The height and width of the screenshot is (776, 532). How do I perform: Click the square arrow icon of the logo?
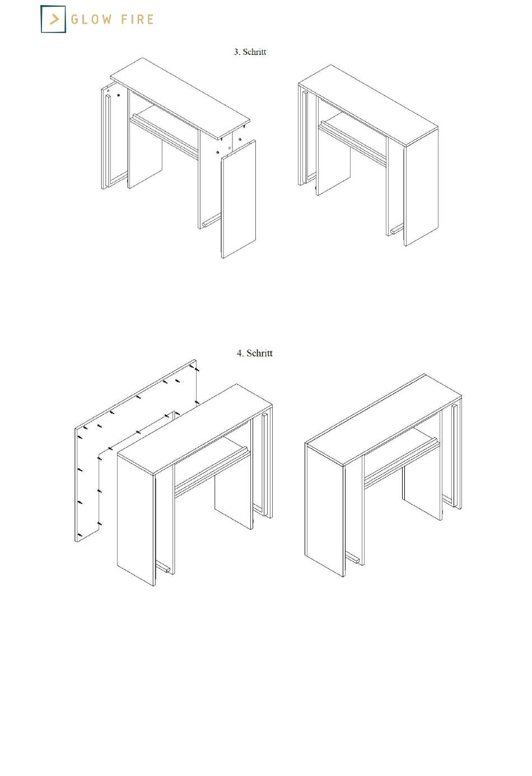[x=53, y=19]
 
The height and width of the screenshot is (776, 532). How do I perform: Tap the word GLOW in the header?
[x=91, y=20]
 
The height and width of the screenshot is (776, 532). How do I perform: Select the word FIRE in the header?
[x=137, y=20]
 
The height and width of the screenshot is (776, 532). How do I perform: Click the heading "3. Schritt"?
[x=250, y=52]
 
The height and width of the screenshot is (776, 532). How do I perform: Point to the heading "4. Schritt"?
[x=255, y=353]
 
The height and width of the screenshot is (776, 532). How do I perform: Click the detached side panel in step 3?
[x=239, y=199]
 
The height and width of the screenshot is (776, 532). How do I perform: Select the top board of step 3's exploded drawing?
[x=180, y=99]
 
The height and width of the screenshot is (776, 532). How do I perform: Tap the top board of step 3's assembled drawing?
[x=368, y=105]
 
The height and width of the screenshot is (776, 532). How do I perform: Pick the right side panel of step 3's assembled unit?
[x=421, y=187]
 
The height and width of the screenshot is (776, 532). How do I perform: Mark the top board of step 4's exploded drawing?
[x=195, y=429]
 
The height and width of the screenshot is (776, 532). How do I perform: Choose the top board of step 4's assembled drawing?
[x=384, y=420]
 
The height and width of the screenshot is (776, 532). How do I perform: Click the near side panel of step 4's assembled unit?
[x=325, y=509]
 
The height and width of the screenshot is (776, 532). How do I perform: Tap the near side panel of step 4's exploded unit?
[x=136, y=520]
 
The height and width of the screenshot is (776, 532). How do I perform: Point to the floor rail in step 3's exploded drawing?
[x=212, y=221]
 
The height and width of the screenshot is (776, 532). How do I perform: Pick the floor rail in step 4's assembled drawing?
[x=353, y=558]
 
